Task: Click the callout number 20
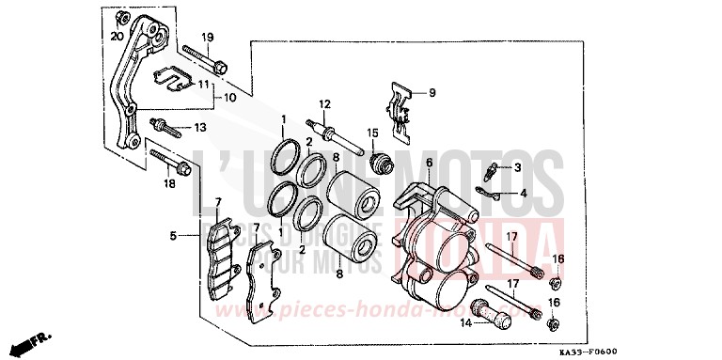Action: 117,37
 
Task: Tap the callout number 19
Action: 207,37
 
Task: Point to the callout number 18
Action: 170,184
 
